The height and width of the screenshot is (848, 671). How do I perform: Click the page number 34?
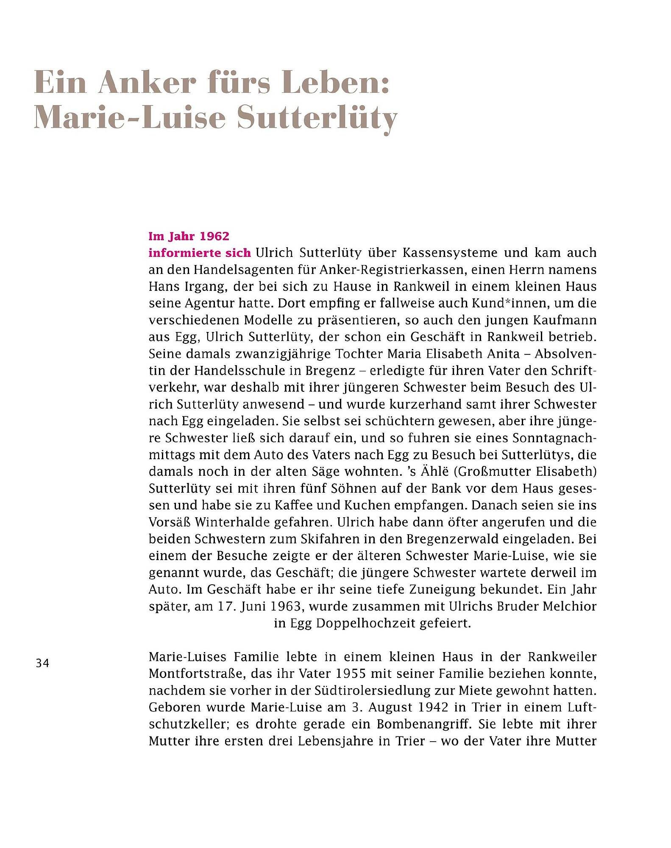tap(42, 663)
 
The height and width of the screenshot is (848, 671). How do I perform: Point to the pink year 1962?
tap(214, 236)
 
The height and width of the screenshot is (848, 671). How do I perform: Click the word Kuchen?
tap(361, 505)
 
